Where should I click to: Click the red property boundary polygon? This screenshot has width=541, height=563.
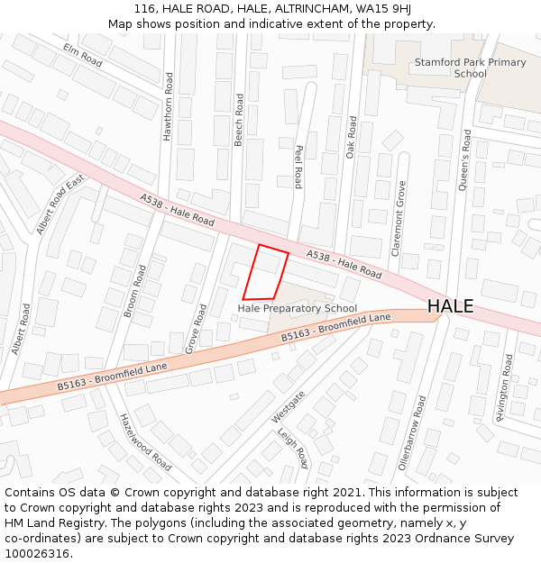[x=265, y=273]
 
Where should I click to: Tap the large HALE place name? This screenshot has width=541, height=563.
[x=450, y=306]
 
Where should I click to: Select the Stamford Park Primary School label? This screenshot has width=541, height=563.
[x=470, y=68]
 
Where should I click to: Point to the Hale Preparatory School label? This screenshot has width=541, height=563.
[x=297, y=309]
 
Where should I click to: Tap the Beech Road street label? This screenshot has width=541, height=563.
[x=239, y=123]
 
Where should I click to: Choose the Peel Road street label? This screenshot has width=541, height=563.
[x=298, y=167]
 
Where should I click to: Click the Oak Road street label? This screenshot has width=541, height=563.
[x=352, y=137]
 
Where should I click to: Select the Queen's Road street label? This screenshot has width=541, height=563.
[x=466, y=159]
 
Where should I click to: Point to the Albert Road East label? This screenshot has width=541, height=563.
[x=60, y=205]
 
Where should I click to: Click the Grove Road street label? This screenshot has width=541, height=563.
[x=196, y=328]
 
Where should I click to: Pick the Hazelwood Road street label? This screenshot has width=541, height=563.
[x=145, y=442]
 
